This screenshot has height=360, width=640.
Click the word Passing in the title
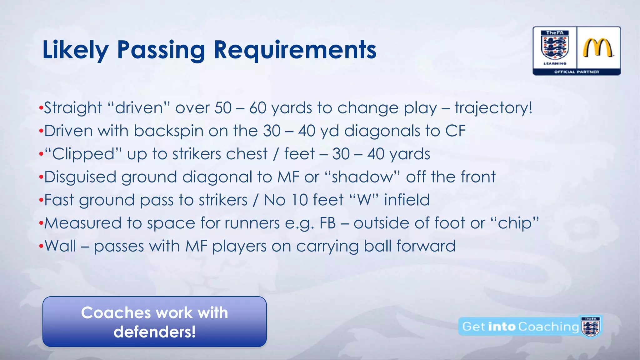pyautogui.click(x=161, y=50)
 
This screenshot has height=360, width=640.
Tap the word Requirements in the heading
pyautogui.click(x=295, y=50)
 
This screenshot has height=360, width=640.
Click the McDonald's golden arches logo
pyautogui.click(x=598, y=48)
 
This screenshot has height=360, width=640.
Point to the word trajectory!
pyautogui.click(x=493, y=108)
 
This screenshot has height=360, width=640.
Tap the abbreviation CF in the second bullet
pyautogui.click(x=455, y=131)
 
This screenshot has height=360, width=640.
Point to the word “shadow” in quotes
pyautogui.click(x=362, y=177)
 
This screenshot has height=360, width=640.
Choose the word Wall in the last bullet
pyautogui.click(x=60, y=246)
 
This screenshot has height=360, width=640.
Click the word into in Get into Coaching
pyautogui.click(x=501, y=327)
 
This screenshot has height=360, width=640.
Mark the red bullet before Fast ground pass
pyautogui.click(x=41, y=200)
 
